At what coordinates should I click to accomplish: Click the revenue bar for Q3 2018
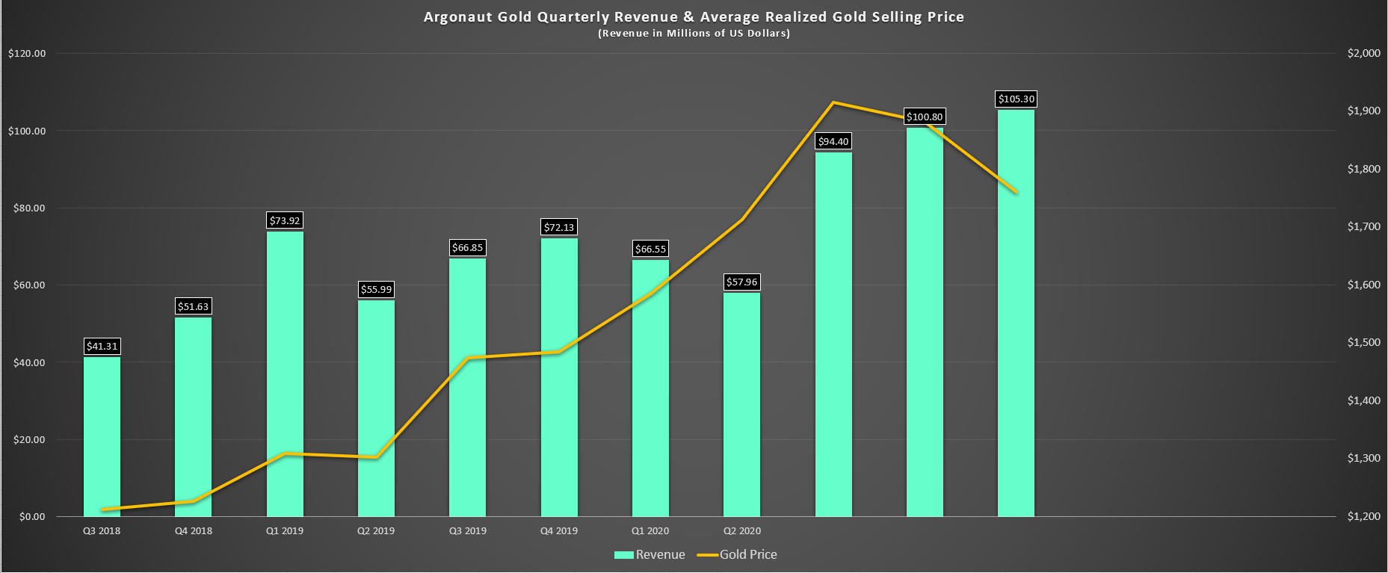click(102, 437)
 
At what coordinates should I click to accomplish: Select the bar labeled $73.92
click(285, 374)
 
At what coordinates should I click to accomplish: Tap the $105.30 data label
click(1016, 99)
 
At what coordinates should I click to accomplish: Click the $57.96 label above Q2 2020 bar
click(741, 282)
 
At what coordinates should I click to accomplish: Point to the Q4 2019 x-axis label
click(559, 531)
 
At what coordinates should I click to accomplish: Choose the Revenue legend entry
click(650, 554)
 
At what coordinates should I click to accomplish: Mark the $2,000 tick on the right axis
click(1363, 53)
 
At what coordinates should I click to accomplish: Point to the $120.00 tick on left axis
click(27, 53)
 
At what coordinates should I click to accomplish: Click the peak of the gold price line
click(833, 102)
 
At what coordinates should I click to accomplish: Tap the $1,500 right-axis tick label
click(1363, 342)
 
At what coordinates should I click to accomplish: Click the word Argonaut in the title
click(457, 16)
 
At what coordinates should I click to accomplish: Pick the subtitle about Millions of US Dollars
click(694, 34)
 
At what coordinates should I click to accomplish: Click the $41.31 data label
click(102, 346)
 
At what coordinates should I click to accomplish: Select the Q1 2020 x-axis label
click(650, 531)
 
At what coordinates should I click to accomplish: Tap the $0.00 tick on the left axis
click(32, 516)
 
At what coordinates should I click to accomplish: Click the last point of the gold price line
click(1017, 193)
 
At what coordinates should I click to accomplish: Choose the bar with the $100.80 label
click(925, 321)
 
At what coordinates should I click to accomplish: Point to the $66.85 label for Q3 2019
click(467, 247)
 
